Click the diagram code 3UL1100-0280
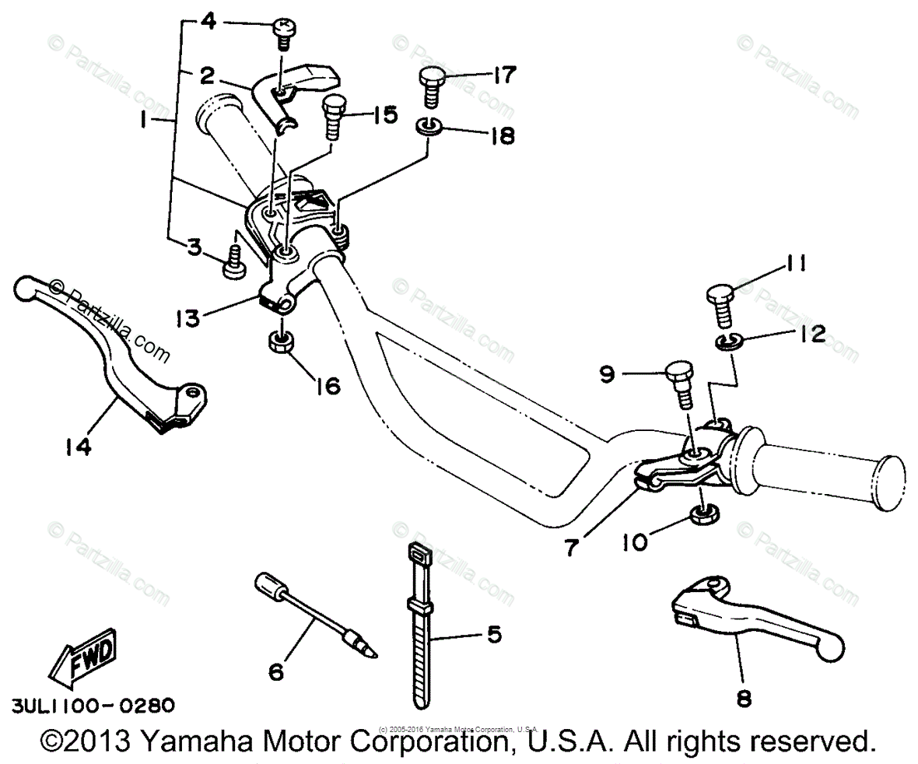[93, 706]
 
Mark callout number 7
[572, 547]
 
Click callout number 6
[276, 671]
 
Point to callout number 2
[207, 75]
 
